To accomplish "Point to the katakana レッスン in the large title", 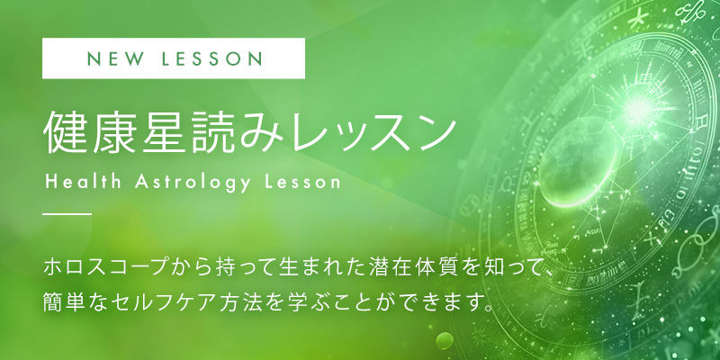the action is pyautogui.click(x=367, y=132).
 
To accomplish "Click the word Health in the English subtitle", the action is pyautogui.click(x=84, y=182).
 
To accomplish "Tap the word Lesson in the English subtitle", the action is pyautogui.click(x=302, y=182).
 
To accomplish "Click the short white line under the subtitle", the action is pyautogui.click(x=67, y=214).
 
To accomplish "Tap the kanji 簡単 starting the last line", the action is pyautogui.click(x=63, y=302).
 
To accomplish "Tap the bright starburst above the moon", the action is pyautogui.click(x=636, y=110).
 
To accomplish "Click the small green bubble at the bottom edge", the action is pyautogui.click(x=445, y=341).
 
